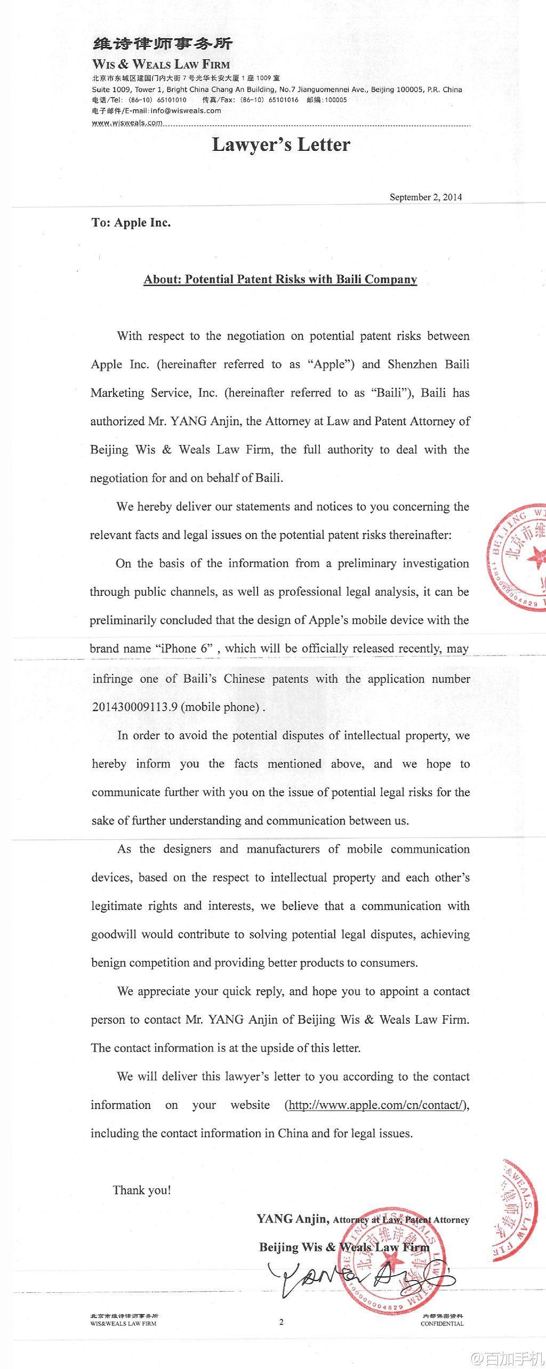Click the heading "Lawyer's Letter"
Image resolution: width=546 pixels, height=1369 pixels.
tap(281, 145)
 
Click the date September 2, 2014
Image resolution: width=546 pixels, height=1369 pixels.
tap(425, 197)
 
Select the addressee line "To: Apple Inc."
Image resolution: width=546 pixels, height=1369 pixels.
tap(131, 223)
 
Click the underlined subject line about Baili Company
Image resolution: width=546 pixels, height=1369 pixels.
tap(280, 279)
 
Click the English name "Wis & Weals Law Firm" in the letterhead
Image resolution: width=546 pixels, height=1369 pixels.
tap(161, 64)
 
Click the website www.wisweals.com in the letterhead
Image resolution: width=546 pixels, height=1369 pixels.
tap(127, 123)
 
